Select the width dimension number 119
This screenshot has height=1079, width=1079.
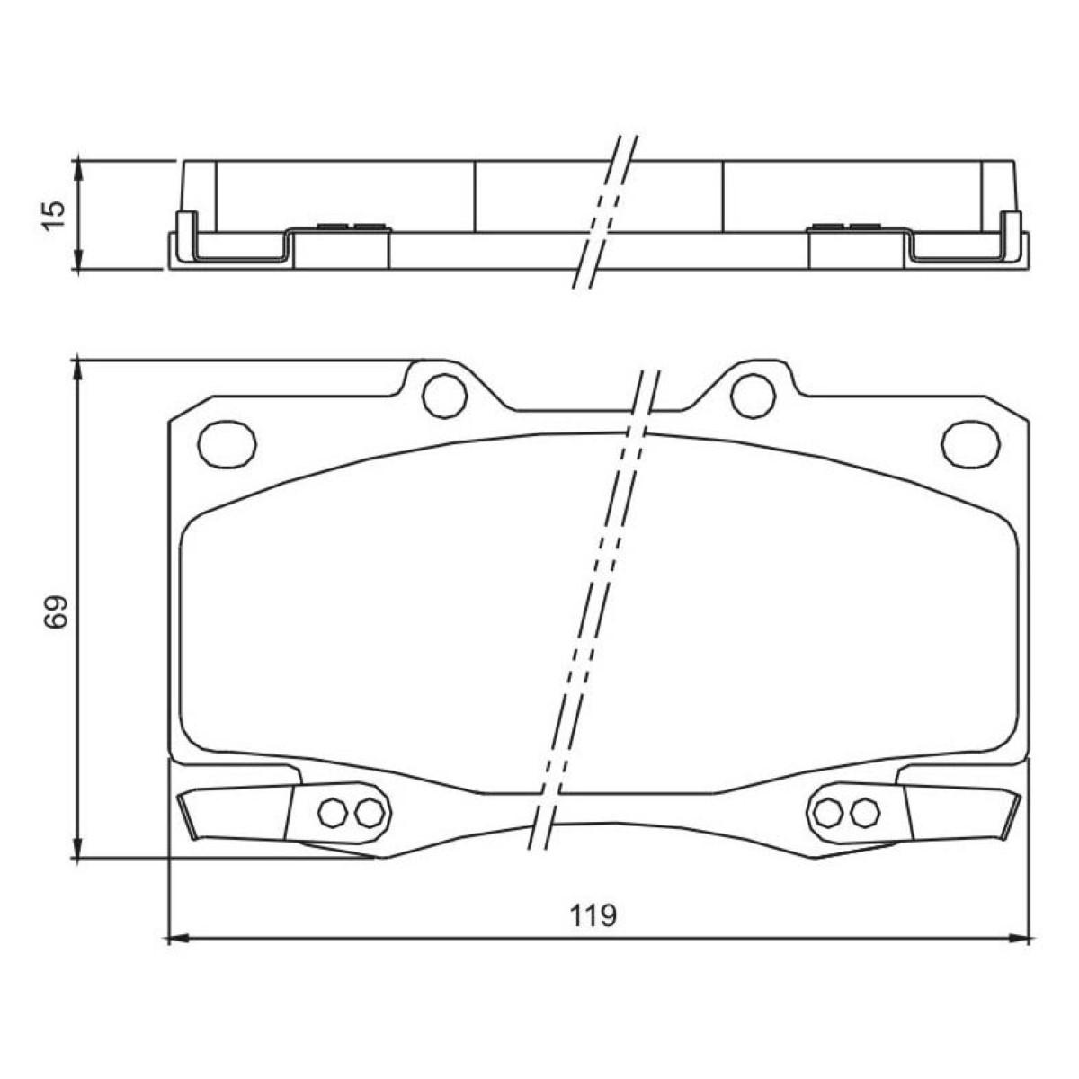[x=593, y=916]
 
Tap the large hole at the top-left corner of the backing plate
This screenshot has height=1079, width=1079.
[x=227, y=444]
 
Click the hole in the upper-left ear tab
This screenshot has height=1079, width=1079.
[x=444, y=395]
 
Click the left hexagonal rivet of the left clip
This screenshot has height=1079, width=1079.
[x=333, y=813]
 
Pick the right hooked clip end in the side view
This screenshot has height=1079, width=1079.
[x=1012, y=236]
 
